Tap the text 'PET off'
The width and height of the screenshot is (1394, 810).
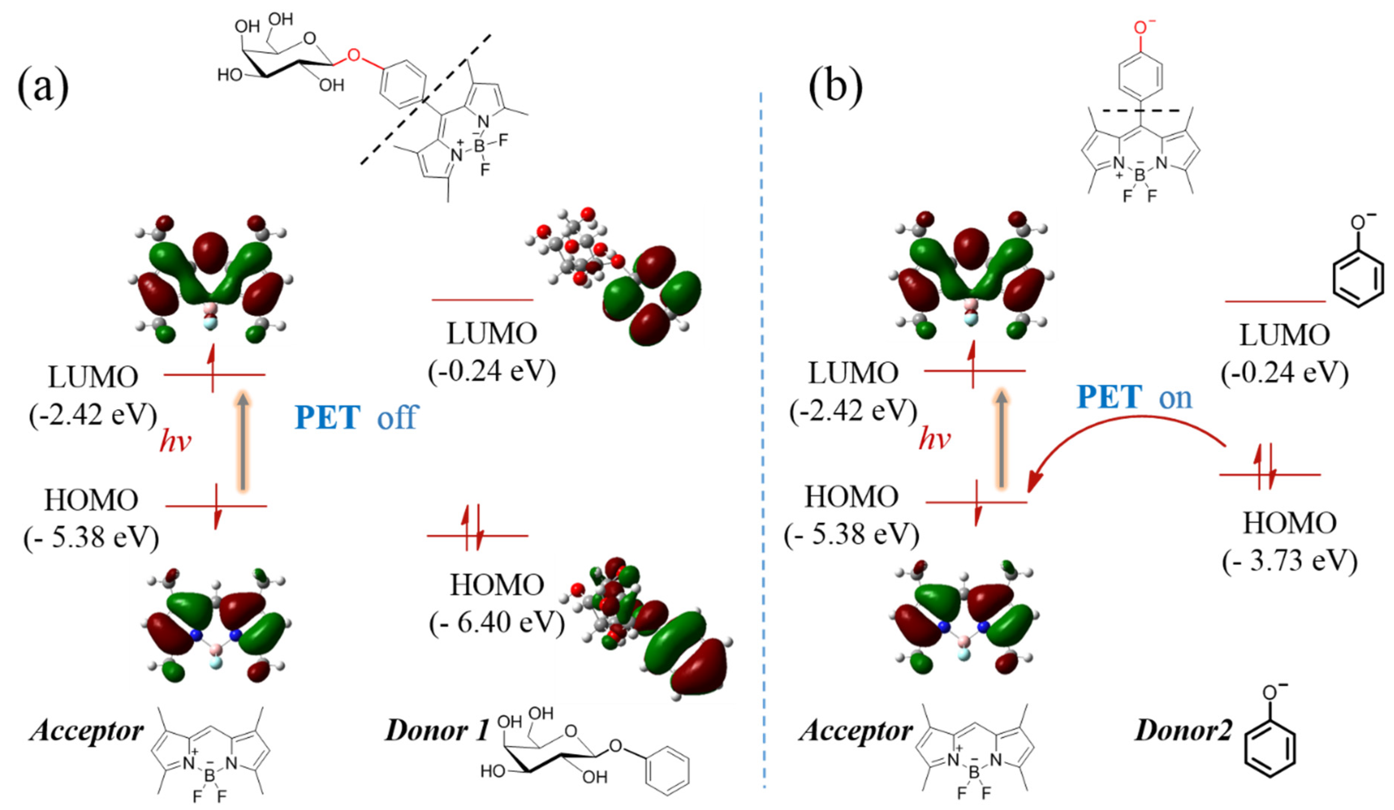tap(356, 418)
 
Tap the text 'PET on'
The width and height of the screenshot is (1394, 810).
tap(1134, 397)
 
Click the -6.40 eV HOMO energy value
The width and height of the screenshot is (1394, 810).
tap(497, 623)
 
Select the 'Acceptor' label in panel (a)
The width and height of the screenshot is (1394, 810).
tap(87, 730)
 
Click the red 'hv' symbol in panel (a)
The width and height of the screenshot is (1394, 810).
tap(175, 442)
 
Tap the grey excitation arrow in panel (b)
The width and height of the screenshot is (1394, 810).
tap(1001, 440)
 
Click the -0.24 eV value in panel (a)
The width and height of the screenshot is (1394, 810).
tap(491, 371)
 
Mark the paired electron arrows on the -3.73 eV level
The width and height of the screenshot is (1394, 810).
tap(1265, 474)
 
